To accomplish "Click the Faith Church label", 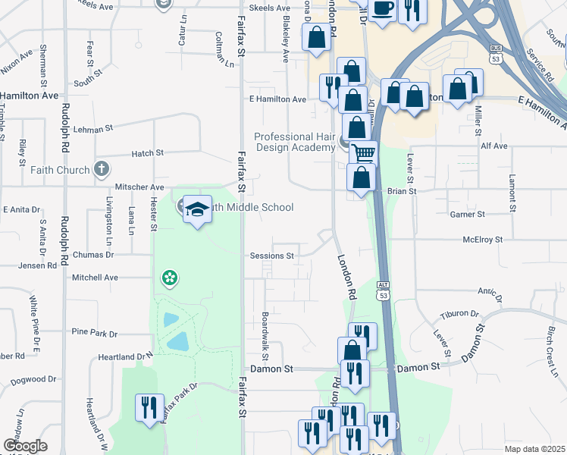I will coord(60,170).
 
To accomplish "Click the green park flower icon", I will coord(169,278).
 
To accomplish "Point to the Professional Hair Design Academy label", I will coord(294,142).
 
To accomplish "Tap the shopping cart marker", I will coord(364,153).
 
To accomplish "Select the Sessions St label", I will coord(272,256).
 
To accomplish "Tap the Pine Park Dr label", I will coord(95,333).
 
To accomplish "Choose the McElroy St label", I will coord(483,240).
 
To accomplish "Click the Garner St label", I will coord(467,215).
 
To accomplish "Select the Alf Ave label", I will coord(494,145).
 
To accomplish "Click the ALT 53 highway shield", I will coord(383,290).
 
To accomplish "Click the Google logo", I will coord(25,446).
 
